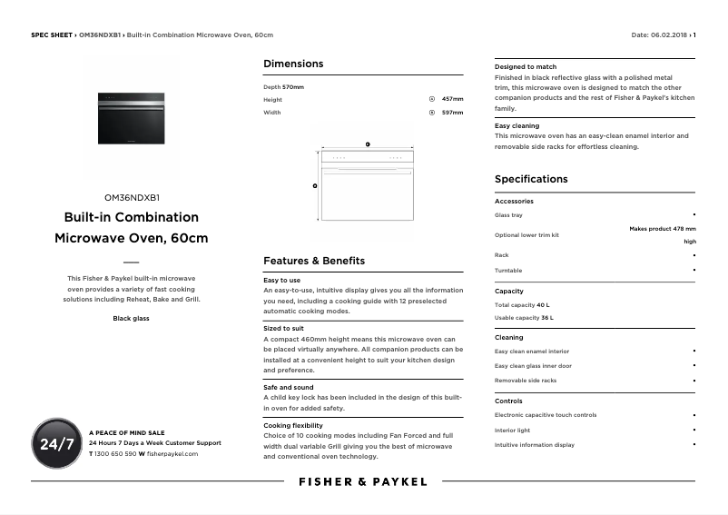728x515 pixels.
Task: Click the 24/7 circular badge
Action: (56, 443)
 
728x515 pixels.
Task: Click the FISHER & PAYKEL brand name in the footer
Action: (363, 481)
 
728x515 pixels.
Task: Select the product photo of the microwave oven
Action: (132, 117)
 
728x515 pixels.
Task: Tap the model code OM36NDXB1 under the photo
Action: (132, 197)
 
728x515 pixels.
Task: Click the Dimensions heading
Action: (293, 64)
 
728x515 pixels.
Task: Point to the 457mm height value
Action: (452, 99)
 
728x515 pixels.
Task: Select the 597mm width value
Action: (452, 113)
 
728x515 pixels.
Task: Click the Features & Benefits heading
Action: (314, 261)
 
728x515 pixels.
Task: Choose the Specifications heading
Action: (531, 179)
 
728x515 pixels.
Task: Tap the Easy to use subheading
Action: (281, 281)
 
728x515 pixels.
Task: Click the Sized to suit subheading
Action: (283, 328)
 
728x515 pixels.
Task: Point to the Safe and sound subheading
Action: (288, 388)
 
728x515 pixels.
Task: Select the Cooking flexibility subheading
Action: (293, 425)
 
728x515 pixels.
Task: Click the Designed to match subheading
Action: (526, 67)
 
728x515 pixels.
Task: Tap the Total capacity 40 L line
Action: (522, 305)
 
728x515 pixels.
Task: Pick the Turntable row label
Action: (508, 271)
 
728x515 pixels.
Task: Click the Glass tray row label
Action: (508, 215)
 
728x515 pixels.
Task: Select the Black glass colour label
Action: (132, 319)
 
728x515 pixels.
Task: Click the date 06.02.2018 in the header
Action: (670, 35)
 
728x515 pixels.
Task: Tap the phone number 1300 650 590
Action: (115, 453)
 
